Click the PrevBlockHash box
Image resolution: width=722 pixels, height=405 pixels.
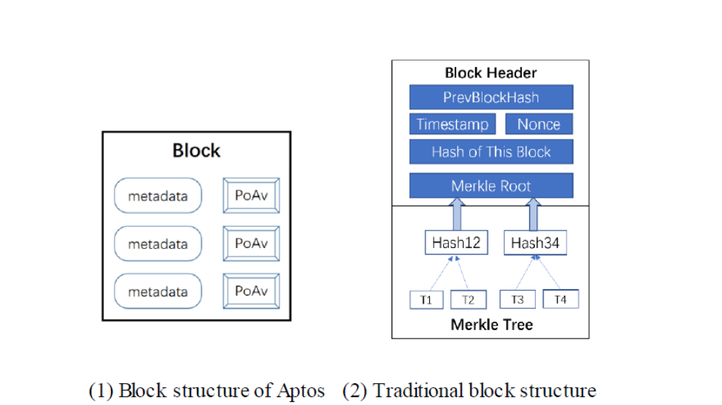(491, 97)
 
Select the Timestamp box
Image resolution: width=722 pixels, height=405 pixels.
(452, 124)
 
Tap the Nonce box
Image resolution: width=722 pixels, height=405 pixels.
(539, 124)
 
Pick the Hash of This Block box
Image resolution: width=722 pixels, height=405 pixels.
(491, 152)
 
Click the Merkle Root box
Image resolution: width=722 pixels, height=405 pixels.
(491, 185)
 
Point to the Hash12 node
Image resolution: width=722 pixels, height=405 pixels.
(456, 243)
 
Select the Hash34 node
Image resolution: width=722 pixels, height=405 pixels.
(535, 243)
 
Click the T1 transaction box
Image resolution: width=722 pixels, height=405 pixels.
(426, 299)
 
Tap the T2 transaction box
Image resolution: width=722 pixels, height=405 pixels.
(468, 299)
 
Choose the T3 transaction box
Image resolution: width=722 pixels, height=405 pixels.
(517, 299)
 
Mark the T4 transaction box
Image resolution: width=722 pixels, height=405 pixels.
(560, 299)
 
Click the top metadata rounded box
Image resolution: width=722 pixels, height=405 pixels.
(158, 196)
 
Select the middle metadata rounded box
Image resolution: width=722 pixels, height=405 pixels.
(158, 244)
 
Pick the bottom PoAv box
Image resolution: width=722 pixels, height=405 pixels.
(250, 291)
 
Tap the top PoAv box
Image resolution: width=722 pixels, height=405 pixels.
(250, 196)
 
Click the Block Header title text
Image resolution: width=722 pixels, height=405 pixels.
(491, 73)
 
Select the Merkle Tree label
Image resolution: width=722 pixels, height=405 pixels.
(491, 325)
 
